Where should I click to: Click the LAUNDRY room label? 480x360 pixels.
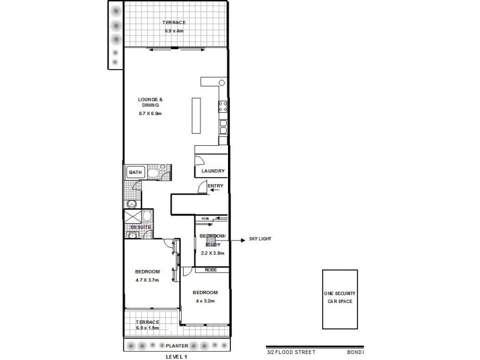pos(213,171)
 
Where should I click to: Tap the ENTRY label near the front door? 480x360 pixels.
pos(215,186)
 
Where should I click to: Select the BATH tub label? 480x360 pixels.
pos(134,173)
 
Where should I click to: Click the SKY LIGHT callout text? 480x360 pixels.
pos(260,239)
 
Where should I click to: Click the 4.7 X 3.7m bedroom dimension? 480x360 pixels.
pos(147,280)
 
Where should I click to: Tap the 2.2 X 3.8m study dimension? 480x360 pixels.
pos(212,253)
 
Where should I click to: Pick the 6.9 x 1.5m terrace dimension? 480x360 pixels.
pos(148,329)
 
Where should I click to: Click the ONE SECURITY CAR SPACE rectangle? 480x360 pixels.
pos(340,299)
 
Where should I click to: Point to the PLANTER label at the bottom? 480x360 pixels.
pos(178,346)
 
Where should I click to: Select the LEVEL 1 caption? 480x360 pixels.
pos(177,356)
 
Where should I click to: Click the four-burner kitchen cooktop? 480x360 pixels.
pos(223,107)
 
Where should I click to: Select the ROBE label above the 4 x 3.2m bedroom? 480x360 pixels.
pos(211,270)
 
